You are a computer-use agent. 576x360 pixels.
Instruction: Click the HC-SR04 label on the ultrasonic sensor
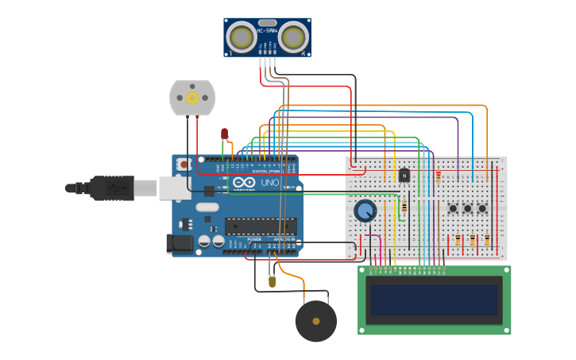pyautogui.click(x=267, y=30)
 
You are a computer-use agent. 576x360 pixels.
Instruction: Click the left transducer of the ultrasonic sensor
pyautogui.click(x=242, y=37)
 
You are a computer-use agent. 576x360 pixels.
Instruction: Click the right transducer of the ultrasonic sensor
pyautogui.click(x=292, y=37)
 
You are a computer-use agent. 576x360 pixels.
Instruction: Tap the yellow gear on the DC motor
pyautogui.click(x=192, y=98)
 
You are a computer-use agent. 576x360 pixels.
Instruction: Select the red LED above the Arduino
pyautogui.click(x=225, y=134)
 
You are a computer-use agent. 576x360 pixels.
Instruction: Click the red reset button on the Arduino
pyautogui.click(x=184, y=164)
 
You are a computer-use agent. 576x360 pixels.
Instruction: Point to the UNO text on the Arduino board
pyautogui.click(x=269, y=183)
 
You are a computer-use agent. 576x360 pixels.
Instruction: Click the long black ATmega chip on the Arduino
pyautogui.click(x=261, y=226)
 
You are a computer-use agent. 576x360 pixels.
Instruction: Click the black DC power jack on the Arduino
pyautogui.click(x=180, y=243)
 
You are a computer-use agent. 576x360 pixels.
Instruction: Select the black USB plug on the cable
pyautogui.click(x=111, y=188)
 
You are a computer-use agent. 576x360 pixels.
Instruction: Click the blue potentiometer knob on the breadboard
pyautogui.click(x=365, y=211)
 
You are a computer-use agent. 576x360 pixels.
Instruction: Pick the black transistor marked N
pyautogui.click(x=404, y=175)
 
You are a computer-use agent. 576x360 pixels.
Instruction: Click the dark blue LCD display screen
pyautogui.click(x=434, y=300)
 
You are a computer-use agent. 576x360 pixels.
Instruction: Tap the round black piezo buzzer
pyautogui.click(x=315, y=321)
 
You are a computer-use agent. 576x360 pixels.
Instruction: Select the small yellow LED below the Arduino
pyautogui.click(x=273, y=281)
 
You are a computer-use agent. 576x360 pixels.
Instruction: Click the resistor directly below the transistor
pyautogui.click(x=404, y=206)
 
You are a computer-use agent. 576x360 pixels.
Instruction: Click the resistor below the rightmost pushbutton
pyautogui.click(x=487, y=239)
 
